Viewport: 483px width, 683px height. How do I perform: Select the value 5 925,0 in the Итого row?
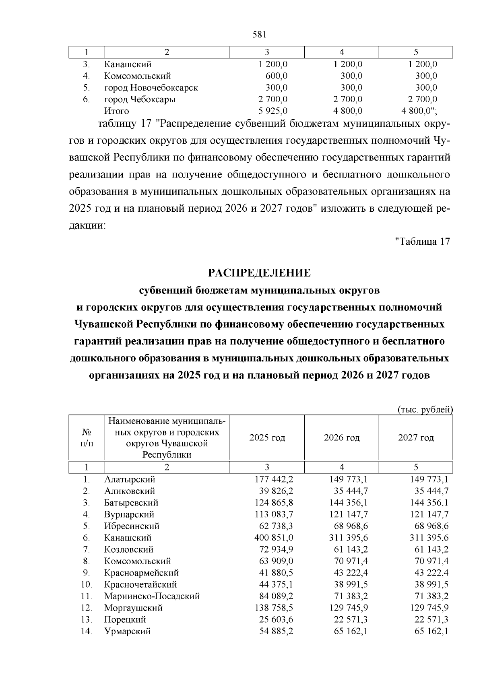(272, 111)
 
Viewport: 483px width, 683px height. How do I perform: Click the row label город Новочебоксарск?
(151, 87)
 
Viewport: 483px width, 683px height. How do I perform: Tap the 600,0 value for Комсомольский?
(276, 76)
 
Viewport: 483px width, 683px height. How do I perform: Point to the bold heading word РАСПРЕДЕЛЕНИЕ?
(260, 273)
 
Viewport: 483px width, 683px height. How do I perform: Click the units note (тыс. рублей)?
(425, 410)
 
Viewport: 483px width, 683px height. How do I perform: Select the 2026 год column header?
(341, 437)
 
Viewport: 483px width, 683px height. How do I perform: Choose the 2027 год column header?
(416, 437)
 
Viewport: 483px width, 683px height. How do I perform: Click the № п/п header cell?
(86, 437)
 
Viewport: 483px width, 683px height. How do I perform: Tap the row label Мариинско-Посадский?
(152, 596)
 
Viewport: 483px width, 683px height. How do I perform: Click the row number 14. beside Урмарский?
(87, 631)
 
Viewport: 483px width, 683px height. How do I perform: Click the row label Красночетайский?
(140, 584)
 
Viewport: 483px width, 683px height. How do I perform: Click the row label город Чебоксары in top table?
(140, 99)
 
